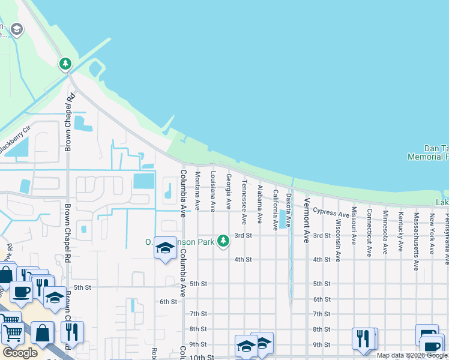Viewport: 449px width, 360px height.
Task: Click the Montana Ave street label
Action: coord(197,191)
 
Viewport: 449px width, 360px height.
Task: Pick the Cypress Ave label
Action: coord(331,213)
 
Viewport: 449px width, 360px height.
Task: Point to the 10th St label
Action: coord(202,357)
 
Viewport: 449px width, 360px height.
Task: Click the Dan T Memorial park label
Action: coord(427,152)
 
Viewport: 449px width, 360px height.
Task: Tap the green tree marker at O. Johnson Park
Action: coord(223,241)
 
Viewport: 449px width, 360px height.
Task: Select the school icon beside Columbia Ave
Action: coord(165,248)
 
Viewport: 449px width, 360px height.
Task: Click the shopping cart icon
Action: coord(11,334)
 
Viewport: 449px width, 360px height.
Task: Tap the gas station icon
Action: coord(427,335)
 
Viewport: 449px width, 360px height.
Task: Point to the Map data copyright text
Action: coord(412,355)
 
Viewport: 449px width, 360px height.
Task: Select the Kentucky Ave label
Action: coord(400,231)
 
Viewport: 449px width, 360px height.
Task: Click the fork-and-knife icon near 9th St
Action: coord(364,338)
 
